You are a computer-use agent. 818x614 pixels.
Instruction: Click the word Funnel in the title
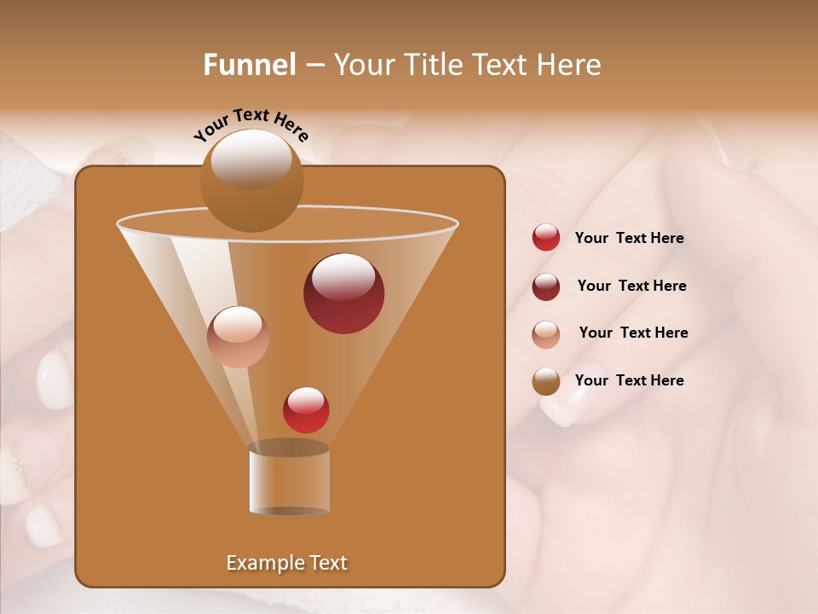click(x=249, y=65)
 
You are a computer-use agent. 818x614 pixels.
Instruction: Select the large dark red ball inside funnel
click(x=343, y=293)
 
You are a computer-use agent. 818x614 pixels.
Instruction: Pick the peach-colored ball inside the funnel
click(x=238, y=337)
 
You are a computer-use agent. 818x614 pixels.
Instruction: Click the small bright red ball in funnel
click(x=306, y=410)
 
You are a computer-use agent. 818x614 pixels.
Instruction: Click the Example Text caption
click(x=286, y=563)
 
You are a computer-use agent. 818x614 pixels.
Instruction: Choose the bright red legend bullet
click(x=546, y=238)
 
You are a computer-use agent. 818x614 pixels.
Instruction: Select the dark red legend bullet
click(x=546, y=287)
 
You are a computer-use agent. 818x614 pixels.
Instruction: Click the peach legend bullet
click(x=546, y=334)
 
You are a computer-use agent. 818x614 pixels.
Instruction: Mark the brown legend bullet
click(x=546, y=381)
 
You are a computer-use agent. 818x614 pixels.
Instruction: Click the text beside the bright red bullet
click(x=629, y=239)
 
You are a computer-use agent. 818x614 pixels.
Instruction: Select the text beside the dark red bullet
click(x=631, y=287)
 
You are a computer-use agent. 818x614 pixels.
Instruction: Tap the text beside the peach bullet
click(x=633, y=333)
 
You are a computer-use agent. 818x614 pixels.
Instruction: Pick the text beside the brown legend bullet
click(x=629, y=380)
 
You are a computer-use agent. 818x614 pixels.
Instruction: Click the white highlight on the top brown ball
click(x=251, y=159)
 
